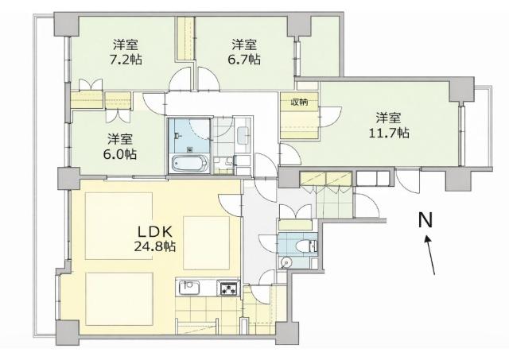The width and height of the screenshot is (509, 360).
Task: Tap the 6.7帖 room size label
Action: coord(243,60)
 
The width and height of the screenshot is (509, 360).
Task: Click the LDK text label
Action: coord(154,228)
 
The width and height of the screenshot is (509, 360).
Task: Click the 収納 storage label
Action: coord(298,103)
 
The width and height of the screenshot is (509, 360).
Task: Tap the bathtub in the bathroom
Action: coord(189,165)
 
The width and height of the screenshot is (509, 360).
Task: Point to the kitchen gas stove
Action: coord(228,288)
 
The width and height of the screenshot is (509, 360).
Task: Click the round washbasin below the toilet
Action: coord(287,261)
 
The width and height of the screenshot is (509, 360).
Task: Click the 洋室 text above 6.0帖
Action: coord(120,137)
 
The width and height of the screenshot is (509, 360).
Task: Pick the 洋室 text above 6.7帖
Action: coord(243,43)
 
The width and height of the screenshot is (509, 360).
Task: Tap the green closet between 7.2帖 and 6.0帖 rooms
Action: coord(89,101)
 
